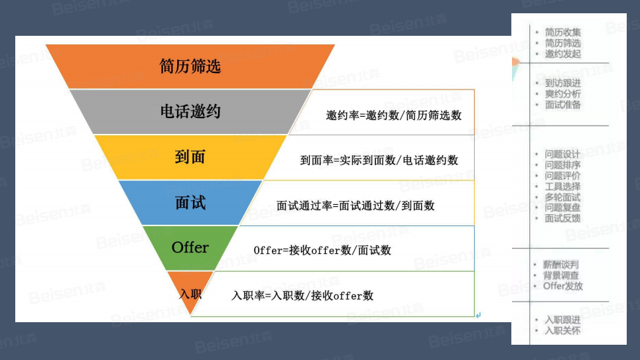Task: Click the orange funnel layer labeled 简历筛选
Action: coord(190,66)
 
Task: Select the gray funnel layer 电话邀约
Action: coord(190,111)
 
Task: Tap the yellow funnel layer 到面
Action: coord(190,157)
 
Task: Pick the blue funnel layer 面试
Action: coord(190,202)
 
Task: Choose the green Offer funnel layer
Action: coord(190,247)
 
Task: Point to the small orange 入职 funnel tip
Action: coord(190,292)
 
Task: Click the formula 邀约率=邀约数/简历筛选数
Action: coord(394,115)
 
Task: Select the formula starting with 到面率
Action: coord(379,160)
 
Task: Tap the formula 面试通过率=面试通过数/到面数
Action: coord(355,206)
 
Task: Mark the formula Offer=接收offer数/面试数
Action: coord(322,251)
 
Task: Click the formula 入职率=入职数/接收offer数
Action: coord(302,296)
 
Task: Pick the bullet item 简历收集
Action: coord(562,32)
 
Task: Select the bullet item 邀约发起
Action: coord(562,54)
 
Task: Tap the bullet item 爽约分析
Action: coord(562,94)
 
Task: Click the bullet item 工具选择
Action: coord(562,186)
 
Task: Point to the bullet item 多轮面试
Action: coord(562,197)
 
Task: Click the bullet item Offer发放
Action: coord(563,286)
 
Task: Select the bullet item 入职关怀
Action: coord(562,330)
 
